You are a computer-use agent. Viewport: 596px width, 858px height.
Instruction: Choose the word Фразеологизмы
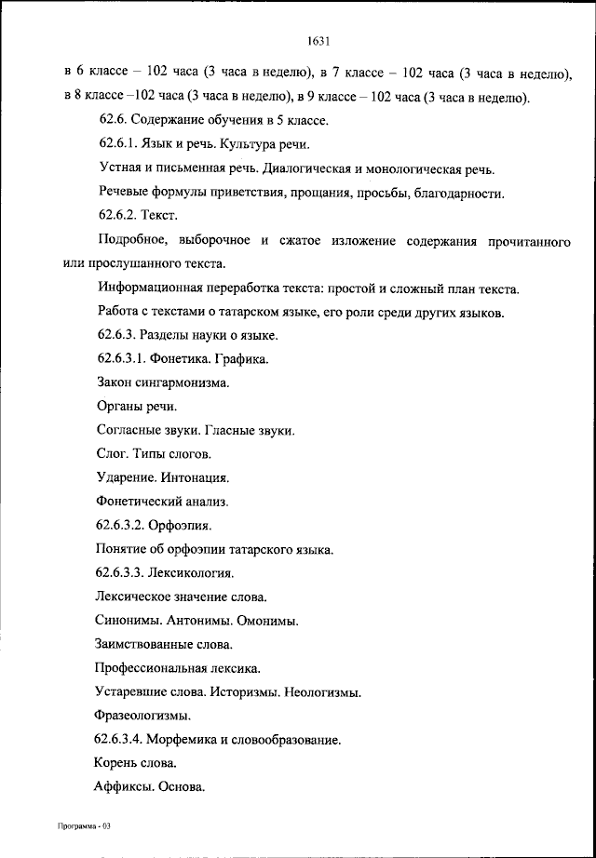point(142,716)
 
